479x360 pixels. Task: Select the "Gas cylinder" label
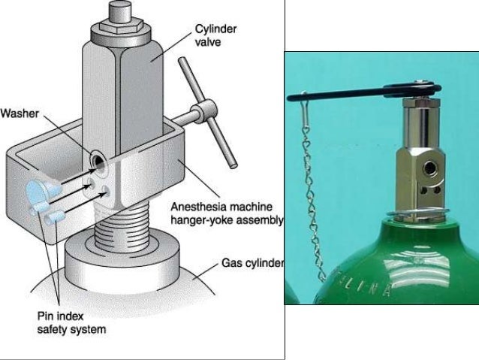[x=252, y=264]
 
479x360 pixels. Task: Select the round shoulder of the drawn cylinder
[x=120, y=259]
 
